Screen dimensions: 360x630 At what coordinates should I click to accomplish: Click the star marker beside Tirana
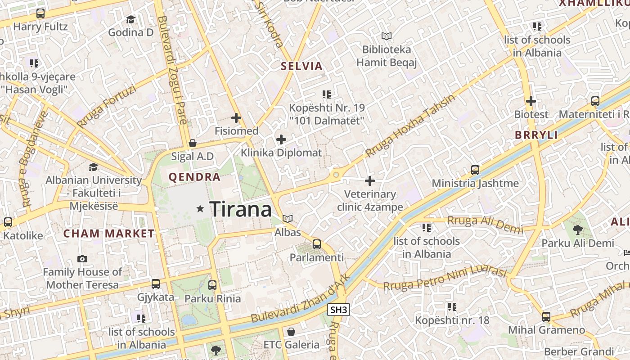click(x=200, y=209)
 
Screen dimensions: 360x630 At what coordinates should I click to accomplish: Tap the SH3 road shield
click(x=339, y=310)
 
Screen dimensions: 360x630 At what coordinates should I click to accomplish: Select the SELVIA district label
click(x=302, y=66)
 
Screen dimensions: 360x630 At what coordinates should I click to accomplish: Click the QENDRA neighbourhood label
click(x=194, y=177)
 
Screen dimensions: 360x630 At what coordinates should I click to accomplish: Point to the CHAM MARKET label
click(x=109, y=234)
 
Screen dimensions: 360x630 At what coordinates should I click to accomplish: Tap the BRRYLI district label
click(x=536, y=135)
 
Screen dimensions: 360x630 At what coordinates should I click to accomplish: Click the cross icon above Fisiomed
click(x=236, y=118)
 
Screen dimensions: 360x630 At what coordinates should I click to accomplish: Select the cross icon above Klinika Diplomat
click(x=281, y=139)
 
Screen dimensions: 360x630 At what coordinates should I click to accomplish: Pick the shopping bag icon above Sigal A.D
click(x=193, y=144)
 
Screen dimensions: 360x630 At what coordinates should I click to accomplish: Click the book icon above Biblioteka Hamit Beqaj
click(x=386, y=36)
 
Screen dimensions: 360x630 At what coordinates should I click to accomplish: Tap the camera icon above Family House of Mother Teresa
click(x=82, y=259)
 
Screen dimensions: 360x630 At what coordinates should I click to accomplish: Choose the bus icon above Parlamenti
click(x=317, y=244)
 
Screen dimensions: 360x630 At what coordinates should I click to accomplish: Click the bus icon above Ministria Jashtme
click(x=475, y=170)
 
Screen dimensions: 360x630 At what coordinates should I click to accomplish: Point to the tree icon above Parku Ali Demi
click(x=578, y=230)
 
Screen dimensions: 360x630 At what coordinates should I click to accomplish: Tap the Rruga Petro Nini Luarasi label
click(x=445, y=278)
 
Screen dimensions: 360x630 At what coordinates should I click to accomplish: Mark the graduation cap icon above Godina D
click(x=130, y=19)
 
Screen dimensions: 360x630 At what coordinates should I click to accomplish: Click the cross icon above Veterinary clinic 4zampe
click(x=370, y=181)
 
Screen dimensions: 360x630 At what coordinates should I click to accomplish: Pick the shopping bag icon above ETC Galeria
click(x=291, y=332)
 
